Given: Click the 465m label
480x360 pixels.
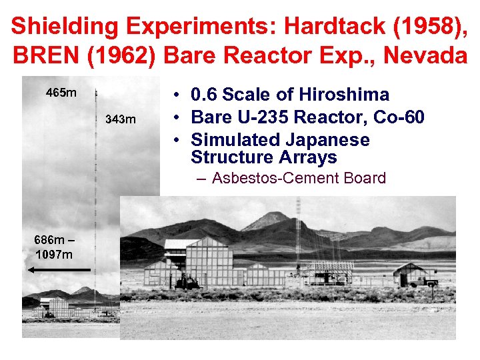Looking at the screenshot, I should point(60,93).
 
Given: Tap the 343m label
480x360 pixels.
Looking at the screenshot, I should point(121,120).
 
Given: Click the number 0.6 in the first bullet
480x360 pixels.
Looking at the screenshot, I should point(205,95).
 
